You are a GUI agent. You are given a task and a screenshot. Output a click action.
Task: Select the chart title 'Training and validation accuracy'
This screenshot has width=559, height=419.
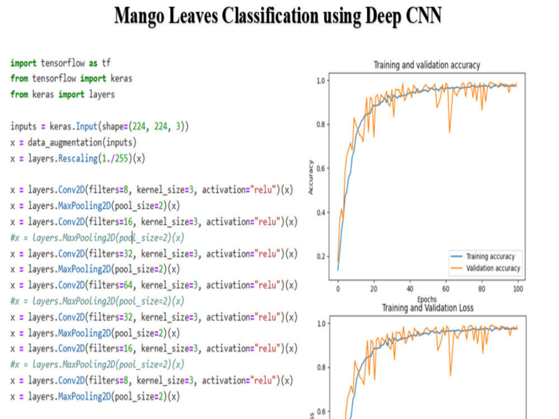click(x=427, y=65)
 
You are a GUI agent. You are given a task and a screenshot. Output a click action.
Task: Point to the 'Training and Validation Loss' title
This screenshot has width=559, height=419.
click(x=428, y=308)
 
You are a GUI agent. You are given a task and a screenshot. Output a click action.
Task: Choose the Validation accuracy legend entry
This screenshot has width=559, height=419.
click(x=485, y=268)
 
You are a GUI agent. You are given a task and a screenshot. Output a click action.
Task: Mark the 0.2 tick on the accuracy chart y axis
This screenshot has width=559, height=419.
click(x=321, y=256)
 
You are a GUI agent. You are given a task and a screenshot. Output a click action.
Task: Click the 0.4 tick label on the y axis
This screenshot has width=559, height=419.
click(x=321, y=213)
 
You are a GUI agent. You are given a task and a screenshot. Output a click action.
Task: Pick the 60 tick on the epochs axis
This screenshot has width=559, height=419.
click(x=446, y=289)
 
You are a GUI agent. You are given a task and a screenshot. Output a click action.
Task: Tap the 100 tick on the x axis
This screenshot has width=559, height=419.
click(x=518, y=289)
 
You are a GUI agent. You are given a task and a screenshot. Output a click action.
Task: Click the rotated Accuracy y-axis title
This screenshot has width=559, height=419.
click(x=310, y=177)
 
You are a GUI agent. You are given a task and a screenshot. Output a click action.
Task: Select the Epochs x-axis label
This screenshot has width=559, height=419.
click(x=427, y=299)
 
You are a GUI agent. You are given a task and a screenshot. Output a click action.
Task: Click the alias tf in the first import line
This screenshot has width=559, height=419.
click(x=106, y=63)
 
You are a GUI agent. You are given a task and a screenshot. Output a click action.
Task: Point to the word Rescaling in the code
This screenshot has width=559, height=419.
click(x=78, y=159)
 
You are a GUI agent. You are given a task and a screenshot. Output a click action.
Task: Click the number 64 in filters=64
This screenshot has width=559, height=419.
click(x=128, y=285)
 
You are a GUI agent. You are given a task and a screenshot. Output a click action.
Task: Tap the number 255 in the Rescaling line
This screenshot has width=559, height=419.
click(x=121, y=159)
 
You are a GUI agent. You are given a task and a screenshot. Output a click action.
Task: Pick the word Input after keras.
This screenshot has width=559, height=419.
click(x=86, y=126)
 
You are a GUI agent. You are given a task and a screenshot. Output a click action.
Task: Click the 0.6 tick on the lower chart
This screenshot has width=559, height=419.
click(x=321, y=412)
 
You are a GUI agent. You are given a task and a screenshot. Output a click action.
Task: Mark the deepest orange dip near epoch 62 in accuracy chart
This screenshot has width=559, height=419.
click(x=449, y=132)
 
